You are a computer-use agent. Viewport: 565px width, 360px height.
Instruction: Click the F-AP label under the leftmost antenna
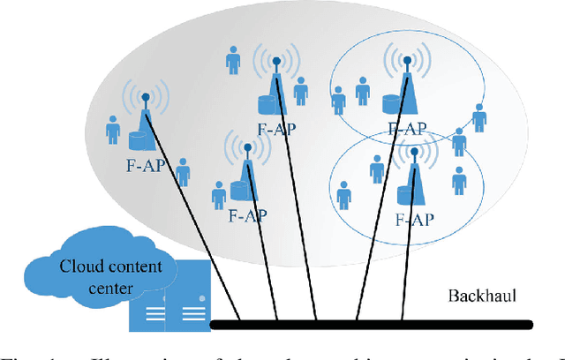[x=142, y=165]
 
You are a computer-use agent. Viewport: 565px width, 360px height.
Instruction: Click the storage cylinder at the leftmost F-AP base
[x=138, y=141]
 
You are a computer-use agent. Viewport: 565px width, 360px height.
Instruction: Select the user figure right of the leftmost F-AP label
[x=183, y=172]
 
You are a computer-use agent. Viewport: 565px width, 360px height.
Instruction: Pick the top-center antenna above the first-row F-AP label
[x=276, y=84]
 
